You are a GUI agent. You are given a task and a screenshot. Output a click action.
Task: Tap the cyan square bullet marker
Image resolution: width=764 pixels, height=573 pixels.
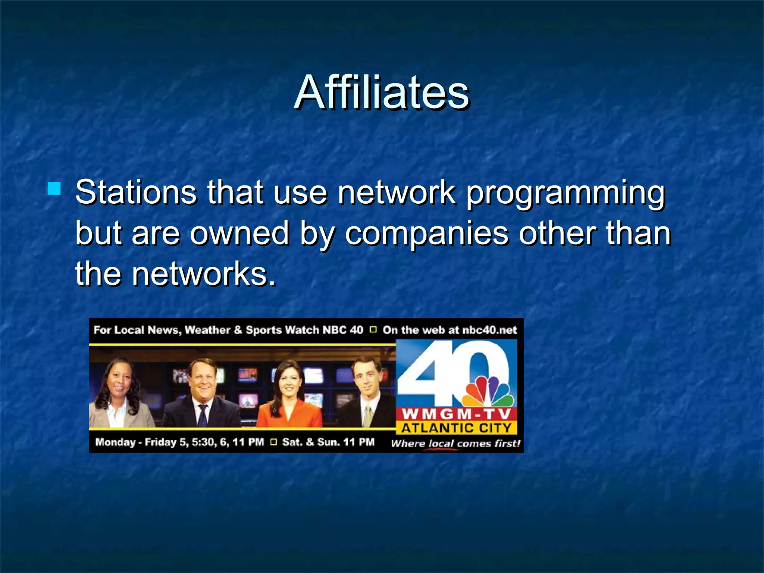tap(54, 189)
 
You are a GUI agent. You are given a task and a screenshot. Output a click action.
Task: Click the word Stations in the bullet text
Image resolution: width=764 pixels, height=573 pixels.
tap(136, 192)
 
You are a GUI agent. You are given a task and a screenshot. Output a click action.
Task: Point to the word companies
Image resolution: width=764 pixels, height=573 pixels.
tap(426, 234)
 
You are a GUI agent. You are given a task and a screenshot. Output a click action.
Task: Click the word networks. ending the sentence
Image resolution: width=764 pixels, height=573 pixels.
tap(204, 274)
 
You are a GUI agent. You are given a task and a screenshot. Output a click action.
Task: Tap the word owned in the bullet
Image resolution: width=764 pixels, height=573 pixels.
tap(239, 234)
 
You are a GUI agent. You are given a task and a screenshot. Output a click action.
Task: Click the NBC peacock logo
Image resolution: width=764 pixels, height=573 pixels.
tap(488, 392)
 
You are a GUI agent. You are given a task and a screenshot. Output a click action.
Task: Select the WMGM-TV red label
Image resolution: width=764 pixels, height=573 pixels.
tap(456, 414)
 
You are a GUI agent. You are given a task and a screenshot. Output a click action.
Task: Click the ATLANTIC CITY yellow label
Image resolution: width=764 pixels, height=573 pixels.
tap(456, 428)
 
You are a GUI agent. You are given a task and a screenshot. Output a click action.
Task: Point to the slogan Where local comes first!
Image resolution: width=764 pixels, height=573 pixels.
tap(455, 444)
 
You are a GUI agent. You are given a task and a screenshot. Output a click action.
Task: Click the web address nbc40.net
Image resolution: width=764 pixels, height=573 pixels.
tap(489, 330)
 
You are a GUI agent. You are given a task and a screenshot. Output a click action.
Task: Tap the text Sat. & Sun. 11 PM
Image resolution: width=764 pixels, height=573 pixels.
tap(328, 442)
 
